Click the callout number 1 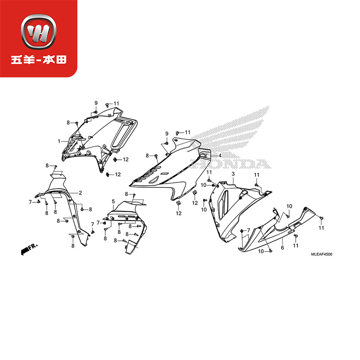59,141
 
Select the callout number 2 80,193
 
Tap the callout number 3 233,174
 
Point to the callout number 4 220,156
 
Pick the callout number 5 113,201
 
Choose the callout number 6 282,247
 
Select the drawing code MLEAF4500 321,255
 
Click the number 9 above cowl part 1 96,103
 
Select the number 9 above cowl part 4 166,134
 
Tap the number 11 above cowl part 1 116,104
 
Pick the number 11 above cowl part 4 187,132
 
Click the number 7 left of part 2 31,202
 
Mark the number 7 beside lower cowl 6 248,230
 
